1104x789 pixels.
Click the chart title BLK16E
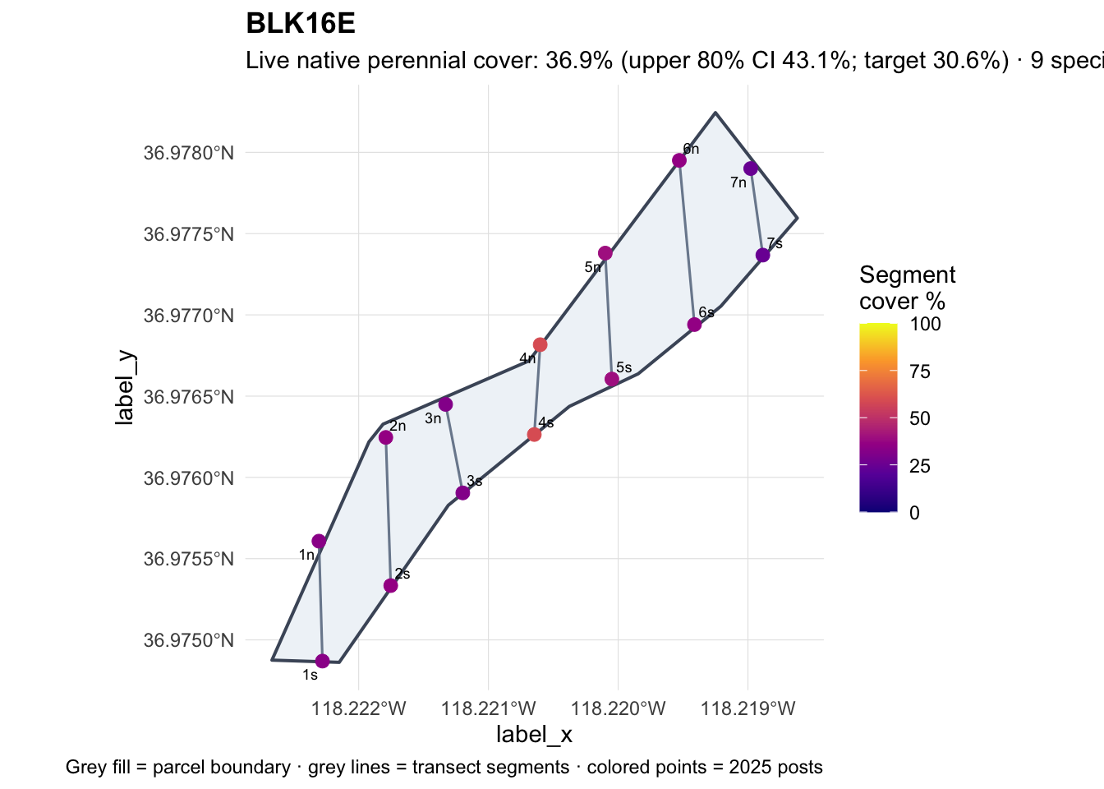click(301, 24)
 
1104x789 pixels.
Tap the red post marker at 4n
click(540, 344)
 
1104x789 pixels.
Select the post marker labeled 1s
click(322, 661)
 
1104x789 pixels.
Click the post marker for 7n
click(751, 168)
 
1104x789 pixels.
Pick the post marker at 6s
click(694, 325)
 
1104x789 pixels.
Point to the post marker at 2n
click(386, 437)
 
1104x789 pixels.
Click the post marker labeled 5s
click(612, 379)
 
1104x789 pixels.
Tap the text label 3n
click(433, 418)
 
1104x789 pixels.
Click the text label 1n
click(306, 556)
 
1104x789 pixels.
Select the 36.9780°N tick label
click(189, 154)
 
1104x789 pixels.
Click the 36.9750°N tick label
click(189, 640)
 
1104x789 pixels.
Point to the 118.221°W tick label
click(489, 709)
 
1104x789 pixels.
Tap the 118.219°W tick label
click(748, 709)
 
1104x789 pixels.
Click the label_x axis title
click(534, 735)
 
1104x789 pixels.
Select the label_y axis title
click(124, 387)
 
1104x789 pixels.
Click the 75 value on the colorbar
click(920, 371)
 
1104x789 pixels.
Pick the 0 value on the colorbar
click(915, 513)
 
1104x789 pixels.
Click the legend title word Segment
click(908, 275)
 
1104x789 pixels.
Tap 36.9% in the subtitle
click(579, 61)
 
